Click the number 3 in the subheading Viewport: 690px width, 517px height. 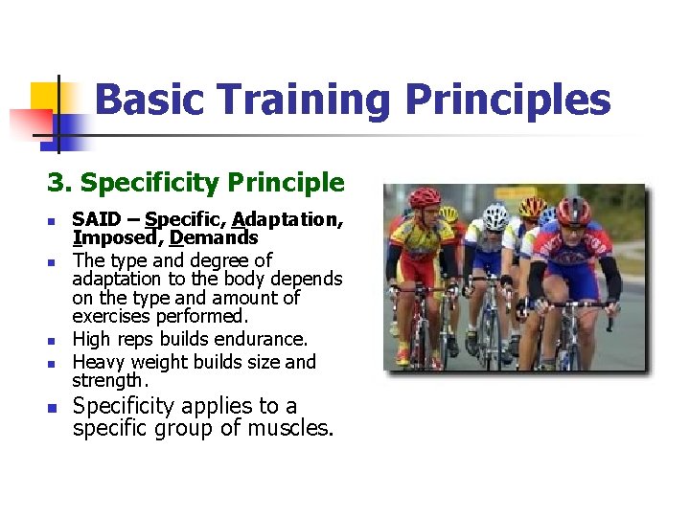coord(55,182)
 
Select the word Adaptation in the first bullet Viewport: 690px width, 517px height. coord(286,219)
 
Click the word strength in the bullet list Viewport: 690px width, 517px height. coord(106,380)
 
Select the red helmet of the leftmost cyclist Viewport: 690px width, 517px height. coord(425,197)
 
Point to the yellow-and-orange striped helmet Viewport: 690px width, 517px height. coord(532,206)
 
